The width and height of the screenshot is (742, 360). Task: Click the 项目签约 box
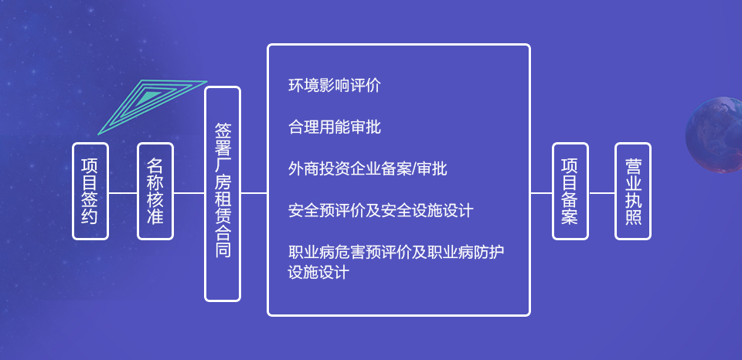90,191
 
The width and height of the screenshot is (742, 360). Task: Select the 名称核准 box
155,191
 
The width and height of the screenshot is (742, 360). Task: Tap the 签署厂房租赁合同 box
223,193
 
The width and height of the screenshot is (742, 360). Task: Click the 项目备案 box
570,191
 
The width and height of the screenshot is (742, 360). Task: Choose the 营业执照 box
633,191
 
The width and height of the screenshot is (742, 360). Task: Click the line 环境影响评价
334,85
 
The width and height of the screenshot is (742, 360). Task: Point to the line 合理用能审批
334,127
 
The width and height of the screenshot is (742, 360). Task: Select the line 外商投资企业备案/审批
367,168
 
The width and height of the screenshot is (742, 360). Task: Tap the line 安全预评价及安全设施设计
380,210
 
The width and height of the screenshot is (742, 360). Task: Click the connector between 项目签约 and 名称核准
123,192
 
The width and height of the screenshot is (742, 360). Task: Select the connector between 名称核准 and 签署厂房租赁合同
189,192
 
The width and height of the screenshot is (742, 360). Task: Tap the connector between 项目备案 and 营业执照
601,192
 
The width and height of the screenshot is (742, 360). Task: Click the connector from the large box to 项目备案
541,192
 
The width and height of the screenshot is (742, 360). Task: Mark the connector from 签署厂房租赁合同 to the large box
254,192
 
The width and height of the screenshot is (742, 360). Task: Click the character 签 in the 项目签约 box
90,201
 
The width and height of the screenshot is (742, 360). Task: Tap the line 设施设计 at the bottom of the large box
318,272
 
